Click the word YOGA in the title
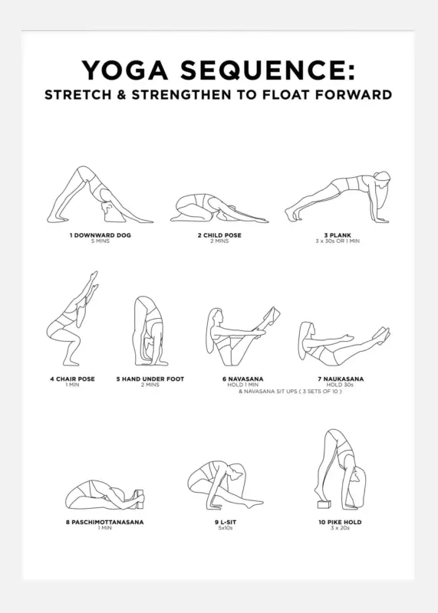point(125,70)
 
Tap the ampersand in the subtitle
point(121,95)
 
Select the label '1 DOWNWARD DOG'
point(100,235)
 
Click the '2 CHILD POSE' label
point(219,235)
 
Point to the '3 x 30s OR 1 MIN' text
point(338,241)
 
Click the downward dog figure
point(100,195)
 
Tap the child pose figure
point(219,208)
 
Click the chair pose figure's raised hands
point(93,280)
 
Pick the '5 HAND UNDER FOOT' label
point(150,379)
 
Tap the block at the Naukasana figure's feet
point(381,334)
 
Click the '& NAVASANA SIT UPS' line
point(290,392)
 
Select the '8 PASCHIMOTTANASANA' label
point(104,522)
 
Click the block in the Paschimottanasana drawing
point(140,500)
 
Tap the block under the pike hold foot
point(324,504)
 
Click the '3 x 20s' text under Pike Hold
point(340,528)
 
